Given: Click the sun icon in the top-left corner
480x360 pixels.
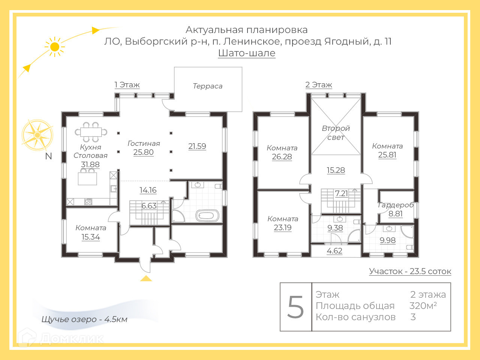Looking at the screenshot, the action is click(55, 47).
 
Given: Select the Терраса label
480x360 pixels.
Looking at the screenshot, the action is click(207, 86).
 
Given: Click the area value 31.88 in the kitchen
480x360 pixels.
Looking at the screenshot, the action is click(90, 164).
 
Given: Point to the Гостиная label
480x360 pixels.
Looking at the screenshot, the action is click(144, 143).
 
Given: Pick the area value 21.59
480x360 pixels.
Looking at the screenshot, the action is click(197, 146).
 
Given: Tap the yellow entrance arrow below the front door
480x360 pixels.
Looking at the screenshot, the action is click(146, 278).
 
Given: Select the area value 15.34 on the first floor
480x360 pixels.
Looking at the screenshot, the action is click(91, 237).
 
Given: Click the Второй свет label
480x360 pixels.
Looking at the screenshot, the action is click(336, 133).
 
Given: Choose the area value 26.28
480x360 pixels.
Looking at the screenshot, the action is click(282, 157).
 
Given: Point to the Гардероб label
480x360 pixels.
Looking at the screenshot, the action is click(396, 205).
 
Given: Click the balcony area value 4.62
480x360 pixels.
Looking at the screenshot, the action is click(334, 251).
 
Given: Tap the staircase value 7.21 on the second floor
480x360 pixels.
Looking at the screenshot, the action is click(341, 193).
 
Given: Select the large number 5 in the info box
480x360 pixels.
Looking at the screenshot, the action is click(295, 307).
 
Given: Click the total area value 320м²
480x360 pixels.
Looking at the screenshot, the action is click(423, 306).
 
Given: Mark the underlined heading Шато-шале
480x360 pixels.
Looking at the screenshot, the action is click(247, 53).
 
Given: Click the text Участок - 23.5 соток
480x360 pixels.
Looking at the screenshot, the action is click(410, 271).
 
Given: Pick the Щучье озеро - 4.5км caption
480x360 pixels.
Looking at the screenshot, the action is click(84, 319).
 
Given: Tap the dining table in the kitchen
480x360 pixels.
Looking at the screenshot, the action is click(91, 132).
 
